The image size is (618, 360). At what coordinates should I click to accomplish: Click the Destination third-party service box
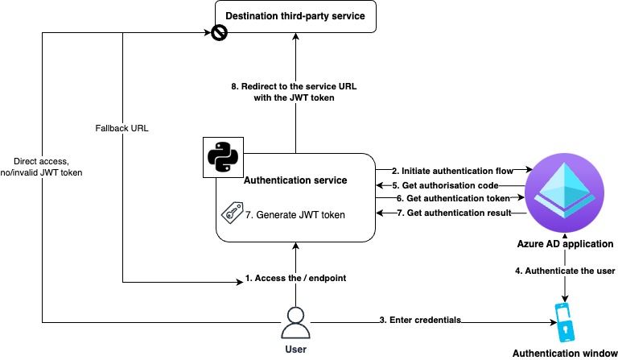pyautogui.click(x=295, y=17)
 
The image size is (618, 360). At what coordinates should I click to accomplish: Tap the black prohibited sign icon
pyautogui.click(x=218, y=33)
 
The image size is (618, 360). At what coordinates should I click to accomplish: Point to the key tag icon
pyautogui.click(x=232, y=214)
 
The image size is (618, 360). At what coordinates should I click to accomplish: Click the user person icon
pyautogui.click(x=295, y=321)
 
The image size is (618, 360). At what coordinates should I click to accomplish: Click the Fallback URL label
pyautogui.click(x=120, y=129)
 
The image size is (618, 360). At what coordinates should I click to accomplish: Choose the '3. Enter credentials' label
pyautogui.click(x=419, y=321)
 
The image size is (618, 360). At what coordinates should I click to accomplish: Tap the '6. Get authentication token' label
pyautogui.click(x=451, y=198)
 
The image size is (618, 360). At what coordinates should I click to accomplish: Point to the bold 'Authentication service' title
pyautogui.click(x=295, y=180)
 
